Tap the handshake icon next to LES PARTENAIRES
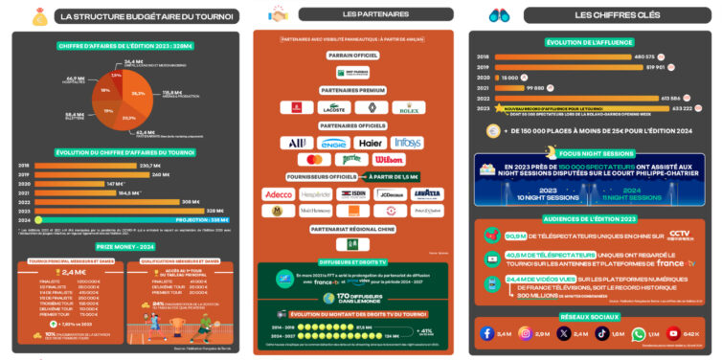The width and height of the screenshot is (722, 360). click(x=280, y=13)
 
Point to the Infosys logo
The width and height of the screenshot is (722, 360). click(x=406, y=143)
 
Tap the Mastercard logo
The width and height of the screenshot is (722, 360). click(x=312, y=159)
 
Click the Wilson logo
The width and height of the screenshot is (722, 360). click(x=389, y=159)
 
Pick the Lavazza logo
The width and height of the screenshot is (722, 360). click(x=426, y=193)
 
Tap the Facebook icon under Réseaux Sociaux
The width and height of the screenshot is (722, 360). click(x=488, y=333)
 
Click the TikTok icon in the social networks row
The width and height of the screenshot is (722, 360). click(x=601, y=333)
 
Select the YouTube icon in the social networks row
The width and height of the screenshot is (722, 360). click(x=677, y=333)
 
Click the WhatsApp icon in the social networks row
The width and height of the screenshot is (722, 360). click(x=639, y=333)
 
